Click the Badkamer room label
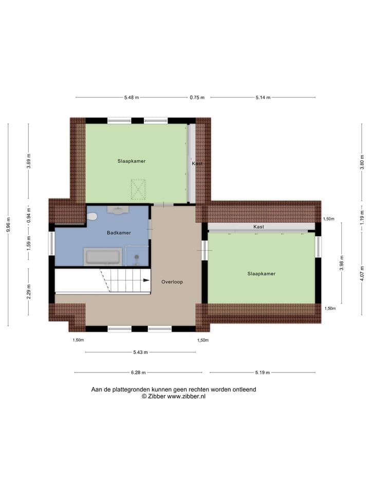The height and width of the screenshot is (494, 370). (119, 233)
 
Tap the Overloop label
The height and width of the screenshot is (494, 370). (172, 282)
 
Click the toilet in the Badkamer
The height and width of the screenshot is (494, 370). (92, 217)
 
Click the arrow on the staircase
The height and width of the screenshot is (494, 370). (146, 280)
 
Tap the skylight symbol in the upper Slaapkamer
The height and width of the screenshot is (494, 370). (138, 189)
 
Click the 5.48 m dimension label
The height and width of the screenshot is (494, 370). (132, 97)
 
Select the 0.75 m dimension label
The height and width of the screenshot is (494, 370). (197, 97)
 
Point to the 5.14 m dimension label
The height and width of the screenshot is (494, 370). (263, 97)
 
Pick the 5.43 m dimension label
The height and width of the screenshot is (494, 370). (140, 352)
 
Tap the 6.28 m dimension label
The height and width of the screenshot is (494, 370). (138, 373)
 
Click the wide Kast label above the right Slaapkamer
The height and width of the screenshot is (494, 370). (258, 227)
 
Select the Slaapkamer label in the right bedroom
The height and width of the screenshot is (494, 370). (261, 274)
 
